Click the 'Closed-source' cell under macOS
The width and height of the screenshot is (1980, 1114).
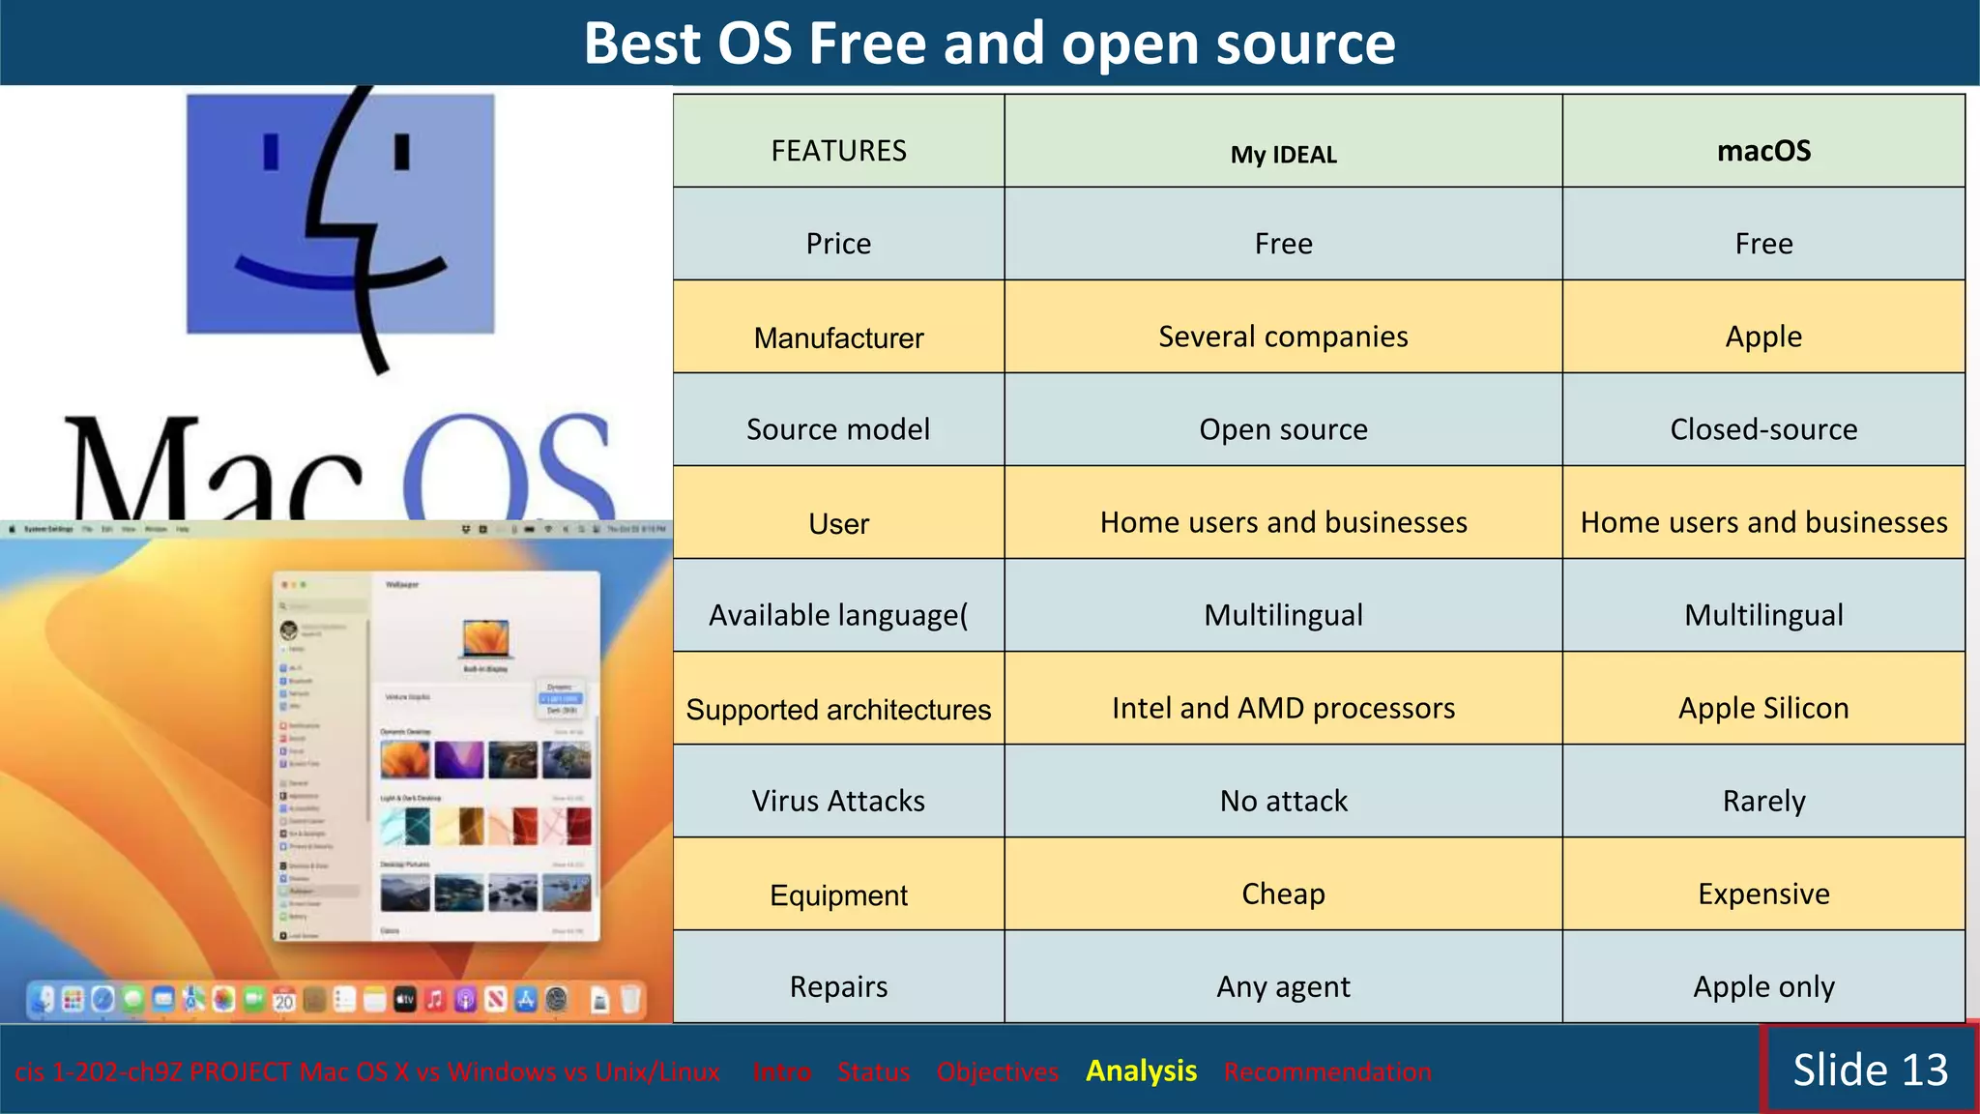click(1763, 429)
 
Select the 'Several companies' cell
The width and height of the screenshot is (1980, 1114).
click(1283, 337)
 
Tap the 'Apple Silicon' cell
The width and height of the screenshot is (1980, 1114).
click(1763, 708)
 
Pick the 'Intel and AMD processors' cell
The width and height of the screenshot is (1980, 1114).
click(1283, 708)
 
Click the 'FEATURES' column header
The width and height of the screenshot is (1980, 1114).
click(838, 151)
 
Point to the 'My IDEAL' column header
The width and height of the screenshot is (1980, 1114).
click(1283, 155)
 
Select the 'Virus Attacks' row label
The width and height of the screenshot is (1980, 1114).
click(838, 801)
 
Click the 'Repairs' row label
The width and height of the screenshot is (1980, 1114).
click(838, 986)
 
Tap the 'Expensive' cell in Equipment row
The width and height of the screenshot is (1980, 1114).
click(1763, 894)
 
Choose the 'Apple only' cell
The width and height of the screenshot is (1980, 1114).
click(1763, 986)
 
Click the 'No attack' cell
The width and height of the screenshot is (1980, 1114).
click(1283, 801)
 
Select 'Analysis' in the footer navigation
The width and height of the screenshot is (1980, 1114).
click(1141, 1070)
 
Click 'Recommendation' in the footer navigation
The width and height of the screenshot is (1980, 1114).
click(1326, 1071)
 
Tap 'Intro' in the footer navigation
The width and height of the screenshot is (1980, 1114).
click(782, 1071)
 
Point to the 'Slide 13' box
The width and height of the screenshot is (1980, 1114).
click(1870, 1070)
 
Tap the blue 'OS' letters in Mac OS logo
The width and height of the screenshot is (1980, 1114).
click(508, 469)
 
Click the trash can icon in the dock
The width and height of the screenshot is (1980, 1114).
click(630, 1000)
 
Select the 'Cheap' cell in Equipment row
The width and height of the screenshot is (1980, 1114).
click(1283, 894)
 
